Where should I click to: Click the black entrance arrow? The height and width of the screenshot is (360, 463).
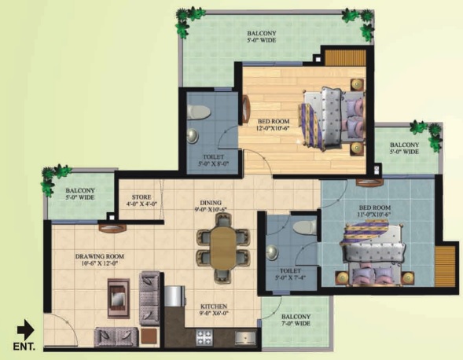tap(25, 329)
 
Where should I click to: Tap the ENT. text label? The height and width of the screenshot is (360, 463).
tap(24, 347)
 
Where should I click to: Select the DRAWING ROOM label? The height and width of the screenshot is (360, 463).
tap(100, 256)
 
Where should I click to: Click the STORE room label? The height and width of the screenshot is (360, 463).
tap(141, 197)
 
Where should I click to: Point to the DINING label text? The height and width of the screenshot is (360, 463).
tap(211, 203)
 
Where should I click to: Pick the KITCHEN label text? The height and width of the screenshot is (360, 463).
tap(214, 307)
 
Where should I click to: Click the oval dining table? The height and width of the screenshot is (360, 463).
tap(223, 248)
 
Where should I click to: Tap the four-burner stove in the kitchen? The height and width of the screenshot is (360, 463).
tap(204, 337)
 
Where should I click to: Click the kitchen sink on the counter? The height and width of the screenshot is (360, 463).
tap(246, 338)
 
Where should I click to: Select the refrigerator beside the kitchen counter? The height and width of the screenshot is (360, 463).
tap(175, 296)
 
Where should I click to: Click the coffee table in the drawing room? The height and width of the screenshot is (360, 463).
tap(119, 298)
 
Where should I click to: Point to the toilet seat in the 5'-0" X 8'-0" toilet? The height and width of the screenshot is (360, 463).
tap(198, 112)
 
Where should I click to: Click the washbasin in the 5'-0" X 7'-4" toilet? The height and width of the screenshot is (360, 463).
tap(272, 252)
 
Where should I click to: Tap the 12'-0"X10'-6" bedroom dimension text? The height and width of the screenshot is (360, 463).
tap(273, 128)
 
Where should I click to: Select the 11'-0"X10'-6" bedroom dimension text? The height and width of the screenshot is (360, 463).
tap(375, 215)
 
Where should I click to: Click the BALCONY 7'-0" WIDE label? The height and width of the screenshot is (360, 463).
tap(296, 320)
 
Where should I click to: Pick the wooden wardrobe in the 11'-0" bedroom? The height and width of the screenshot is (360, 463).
tap(445, 266)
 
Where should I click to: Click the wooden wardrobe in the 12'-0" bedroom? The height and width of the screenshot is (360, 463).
tap(345, 58)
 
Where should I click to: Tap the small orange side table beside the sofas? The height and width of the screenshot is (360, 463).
tap(150, 336)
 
